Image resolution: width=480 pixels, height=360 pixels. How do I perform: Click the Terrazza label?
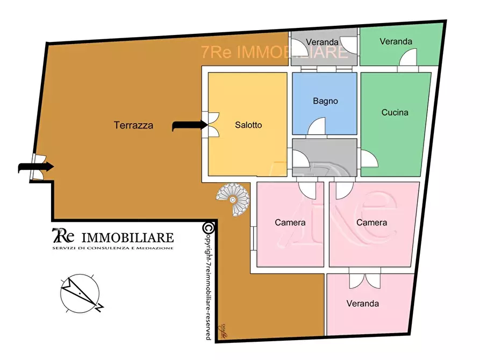tap(133, 126)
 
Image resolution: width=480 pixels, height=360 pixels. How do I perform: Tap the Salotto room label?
tap(248, 125)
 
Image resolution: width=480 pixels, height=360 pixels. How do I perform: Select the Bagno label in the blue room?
tap(325, 100)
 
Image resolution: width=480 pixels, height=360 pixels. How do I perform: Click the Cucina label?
tap(395, 112)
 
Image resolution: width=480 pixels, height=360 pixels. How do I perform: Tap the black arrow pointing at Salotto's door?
tap(189, 126)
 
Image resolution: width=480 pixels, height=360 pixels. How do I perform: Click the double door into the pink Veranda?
tap(364, 280)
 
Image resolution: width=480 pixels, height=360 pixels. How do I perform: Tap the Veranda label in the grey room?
tap(322, 42)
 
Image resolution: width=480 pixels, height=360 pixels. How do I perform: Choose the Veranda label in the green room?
tap(396, 41)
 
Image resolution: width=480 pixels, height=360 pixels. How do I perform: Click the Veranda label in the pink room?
tap(362, 304)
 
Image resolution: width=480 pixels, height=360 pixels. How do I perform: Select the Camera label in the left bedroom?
tap(290, 222)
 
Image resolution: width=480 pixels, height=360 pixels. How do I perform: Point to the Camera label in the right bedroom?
tap(371, 222)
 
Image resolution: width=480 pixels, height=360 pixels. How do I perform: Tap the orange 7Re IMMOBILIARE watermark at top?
tap(274, 52)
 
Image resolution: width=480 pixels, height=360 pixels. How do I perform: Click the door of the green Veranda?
tap(410, 58)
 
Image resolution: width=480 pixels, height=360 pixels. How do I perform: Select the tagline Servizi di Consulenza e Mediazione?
tap(112, 248)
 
